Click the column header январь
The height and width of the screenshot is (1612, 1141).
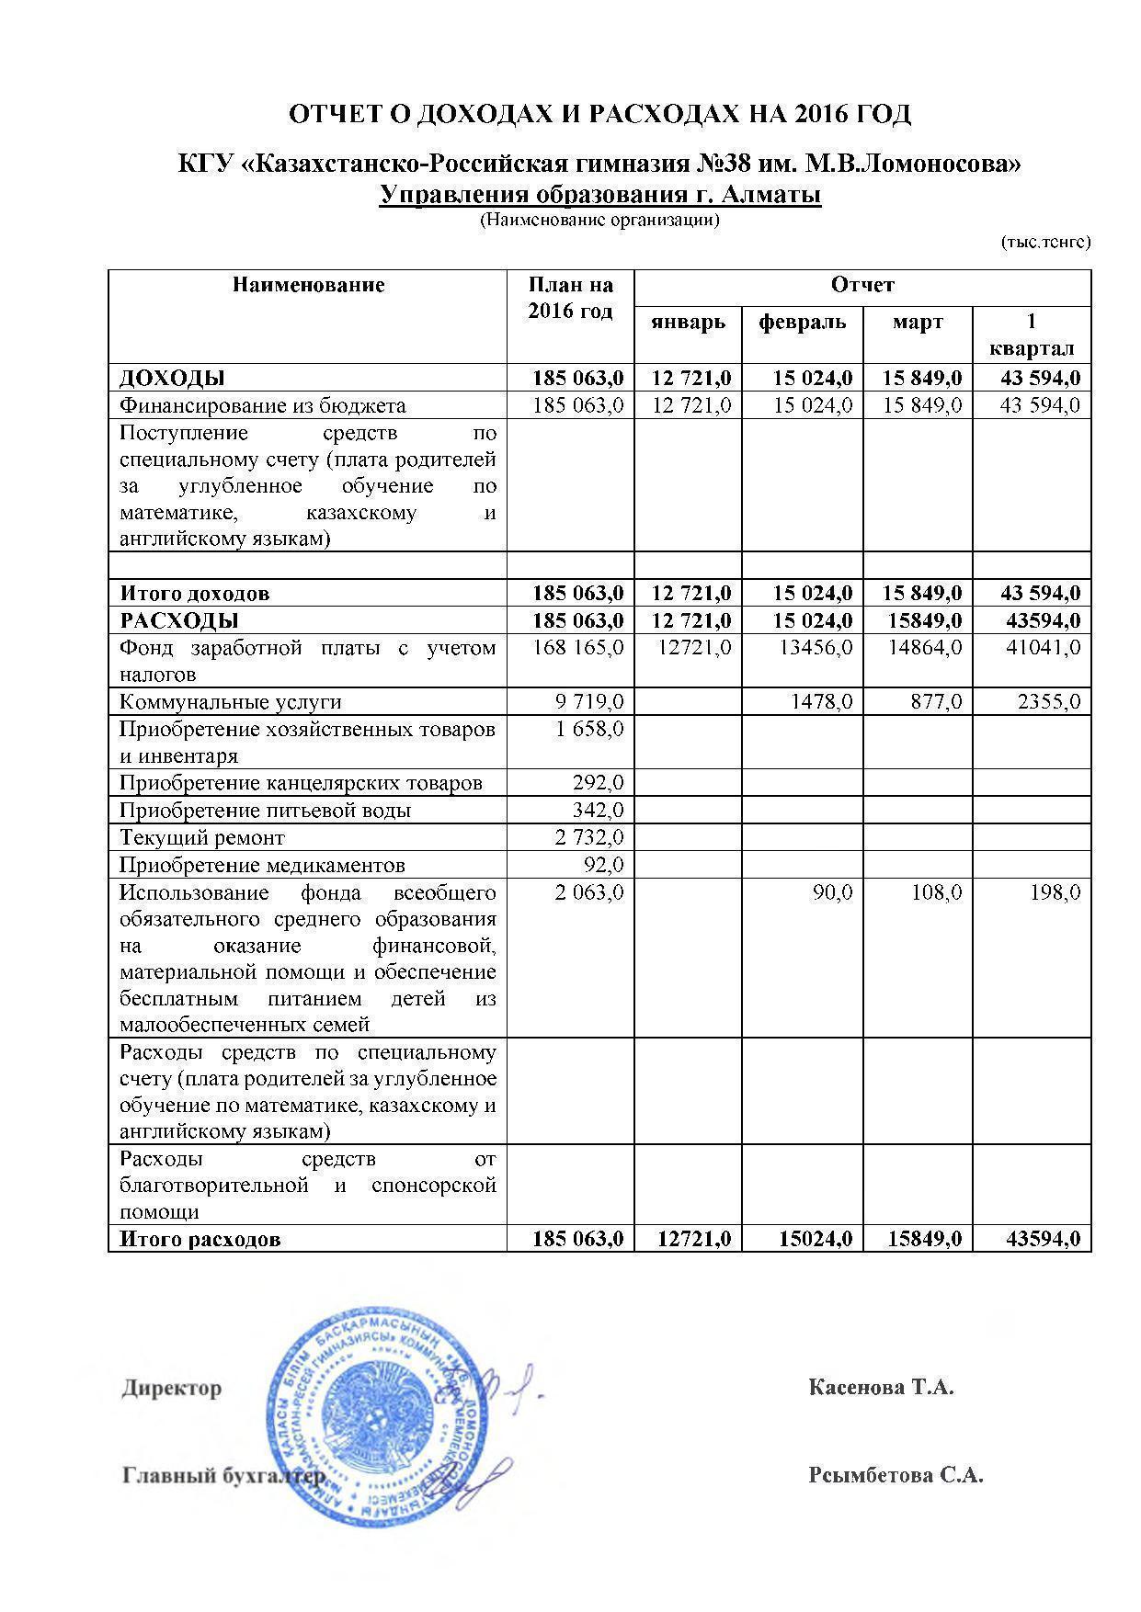(688, 323)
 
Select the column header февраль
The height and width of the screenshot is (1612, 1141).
(802, 323)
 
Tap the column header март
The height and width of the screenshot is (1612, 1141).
(918, 323)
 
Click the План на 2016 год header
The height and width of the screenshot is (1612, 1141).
(570, 298)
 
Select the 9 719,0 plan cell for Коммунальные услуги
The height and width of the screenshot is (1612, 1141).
(589, 702)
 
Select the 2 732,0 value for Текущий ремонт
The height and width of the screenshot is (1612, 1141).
(589, 838)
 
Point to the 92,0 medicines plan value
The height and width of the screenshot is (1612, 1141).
(604, 865)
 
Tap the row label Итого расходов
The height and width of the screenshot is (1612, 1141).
(200, 1240)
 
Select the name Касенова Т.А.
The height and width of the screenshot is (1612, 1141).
(881, 1387)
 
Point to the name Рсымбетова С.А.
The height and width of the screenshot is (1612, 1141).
(896, 1476)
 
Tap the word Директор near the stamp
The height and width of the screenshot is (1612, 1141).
(172, 1388)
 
